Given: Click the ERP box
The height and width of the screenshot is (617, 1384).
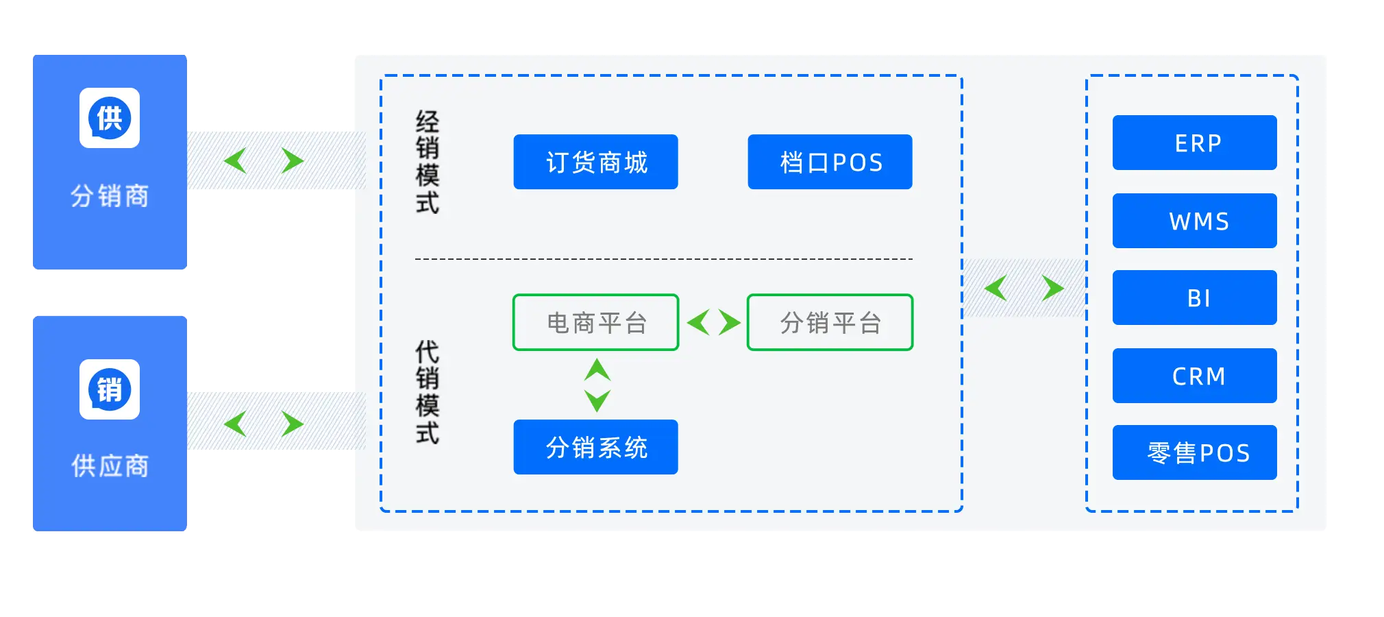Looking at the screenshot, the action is pyautogui.click(x=1194, y=143).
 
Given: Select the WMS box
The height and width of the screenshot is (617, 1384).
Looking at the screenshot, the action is pyautogui.click(x=1194, y=221).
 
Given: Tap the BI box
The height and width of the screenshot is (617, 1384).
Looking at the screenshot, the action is pyautogui.click(x=1194, y=298).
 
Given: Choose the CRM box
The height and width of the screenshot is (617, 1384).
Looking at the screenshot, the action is pyautogui.click(x=1194, y=376).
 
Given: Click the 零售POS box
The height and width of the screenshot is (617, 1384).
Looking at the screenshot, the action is pyautogui.click(x=1194, y=452).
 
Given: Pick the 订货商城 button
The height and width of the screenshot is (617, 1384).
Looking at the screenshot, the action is pyautogui.click(x=595, y=162).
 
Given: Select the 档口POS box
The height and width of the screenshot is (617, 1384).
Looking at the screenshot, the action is pyautogui.click(x=830, y=162).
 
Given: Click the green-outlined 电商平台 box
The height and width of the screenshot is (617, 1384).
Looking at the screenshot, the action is pyautogui.click(x=595, y=322).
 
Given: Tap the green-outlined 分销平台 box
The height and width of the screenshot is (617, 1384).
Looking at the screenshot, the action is pyautogui.click(x=830, y=322).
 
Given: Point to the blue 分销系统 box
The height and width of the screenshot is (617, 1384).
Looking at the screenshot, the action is pyautogui.click(x=595, y=447).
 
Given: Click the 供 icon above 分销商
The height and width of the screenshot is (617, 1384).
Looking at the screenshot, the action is pyautogui.click(x=110, y=118).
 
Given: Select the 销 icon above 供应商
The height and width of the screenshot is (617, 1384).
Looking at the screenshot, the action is pyautogui.click(x=110, y=389).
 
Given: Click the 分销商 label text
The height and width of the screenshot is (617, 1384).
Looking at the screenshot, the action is pyautogui.click(x=110, y=196).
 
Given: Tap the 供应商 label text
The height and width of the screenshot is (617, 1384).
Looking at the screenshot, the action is pyautogui.click(x=110, y=466).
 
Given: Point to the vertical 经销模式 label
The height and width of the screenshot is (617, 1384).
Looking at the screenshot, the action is pyautogui.click(x=428, y=162).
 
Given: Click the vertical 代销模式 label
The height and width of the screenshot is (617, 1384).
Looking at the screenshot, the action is pyautogui.click(x=428, y=392).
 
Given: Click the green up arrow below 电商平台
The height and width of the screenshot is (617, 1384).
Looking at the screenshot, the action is pyautogui.click(x=597, y=370).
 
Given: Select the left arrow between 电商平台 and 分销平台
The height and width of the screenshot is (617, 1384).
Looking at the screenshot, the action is pyautogui.click(x=698, y=322).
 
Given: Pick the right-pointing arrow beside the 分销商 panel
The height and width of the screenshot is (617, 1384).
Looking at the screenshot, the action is pyautogui.click(x=293, y=160).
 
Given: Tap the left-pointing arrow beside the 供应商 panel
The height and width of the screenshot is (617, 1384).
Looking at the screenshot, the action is pyautogui.click(x=235, y=424).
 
